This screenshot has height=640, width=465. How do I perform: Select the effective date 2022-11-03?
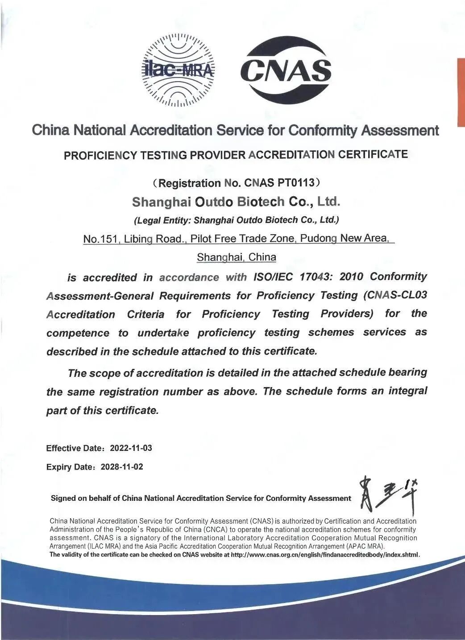[131, 448]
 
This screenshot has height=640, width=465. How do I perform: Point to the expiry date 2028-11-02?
[122, 467]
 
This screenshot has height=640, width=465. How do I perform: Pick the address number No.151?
[100, 239]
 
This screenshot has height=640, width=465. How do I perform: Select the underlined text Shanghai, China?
[237, 257]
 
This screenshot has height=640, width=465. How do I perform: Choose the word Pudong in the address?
[318, 239]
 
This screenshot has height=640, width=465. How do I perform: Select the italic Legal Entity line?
[237, 220]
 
